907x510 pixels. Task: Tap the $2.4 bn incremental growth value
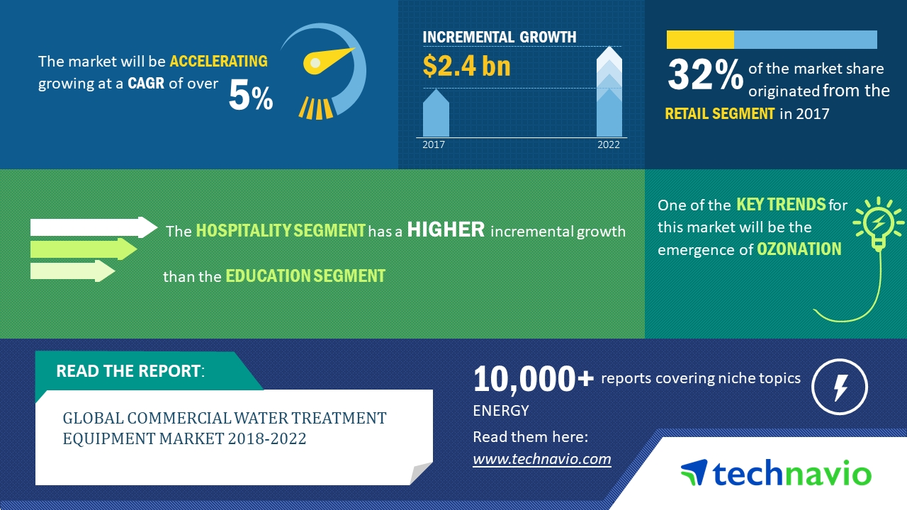(x=466, y=65)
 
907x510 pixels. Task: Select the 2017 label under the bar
(x=434, y=144)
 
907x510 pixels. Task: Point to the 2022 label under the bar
(x=608, y=144)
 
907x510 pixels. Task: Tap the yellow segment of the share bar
(x=700, y=40)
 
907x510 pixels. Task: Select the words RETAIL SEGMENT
(x=719, y=113)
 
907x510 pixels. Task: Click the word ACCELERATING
(x=218, y=61)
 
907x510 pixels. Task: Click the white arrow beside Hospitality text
(x=93, y=227)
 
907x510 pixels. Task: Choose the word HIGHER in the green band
(x=446, y=230)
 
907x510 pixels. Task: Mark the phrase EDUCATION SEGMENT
(x=305, y=276)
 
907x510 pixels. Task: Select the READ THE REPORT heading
(x=129, y=371)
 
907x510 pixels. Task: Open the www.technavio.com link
(x=541, y=459)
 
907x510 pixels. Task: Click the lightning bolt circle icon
(x=839, y=387)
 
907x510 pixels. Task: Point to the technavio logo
(x=776, y=473)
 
